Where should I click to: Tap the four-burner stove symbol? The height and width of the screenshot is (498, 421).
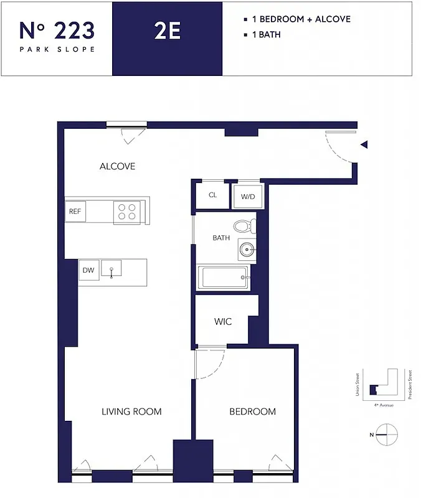[x=126, y=212]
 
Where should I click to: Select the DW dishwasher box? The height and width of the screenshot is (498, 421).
[x=88, y=270]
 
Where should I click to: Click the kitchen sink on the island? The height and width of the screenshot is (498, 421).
[x=111, y=269]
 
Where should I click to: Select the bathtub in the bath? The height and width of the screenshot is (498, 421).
[x=224, y=278]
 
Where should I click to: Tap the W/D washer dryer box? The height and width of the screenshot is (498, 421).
[x=247, y=196]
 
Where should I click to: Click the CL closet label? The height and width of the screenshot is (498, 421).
[x=212, y=195]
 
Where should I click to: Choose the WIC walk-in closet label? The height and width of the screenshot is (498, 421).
[x=223, y=322]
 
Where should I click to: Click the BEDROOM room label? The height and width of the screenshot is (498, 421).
[x=252, y=411]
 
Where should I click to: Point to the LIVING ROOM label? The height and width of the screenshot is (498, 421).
[x=131, y=411]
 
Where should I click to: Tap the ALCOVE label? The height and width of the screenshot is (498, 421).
[x=117, y=166]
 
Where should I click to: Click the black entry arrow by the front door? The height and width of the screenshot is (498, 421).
[x=365, y=144]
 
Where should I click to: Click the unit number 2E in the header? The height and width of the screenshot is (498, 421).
[x=167, y=31]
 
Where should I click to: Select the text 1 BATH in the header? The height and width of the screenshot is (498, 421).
[x=265, y=35]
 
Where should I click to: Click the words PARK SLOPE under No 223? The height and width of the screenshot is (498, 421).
[x=57, y=49]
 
